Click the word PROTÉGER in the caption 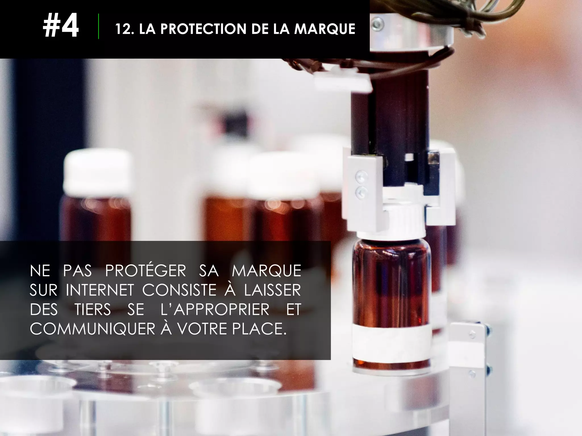tap(145, 271)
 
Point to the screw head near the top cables tap(377, 24)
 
